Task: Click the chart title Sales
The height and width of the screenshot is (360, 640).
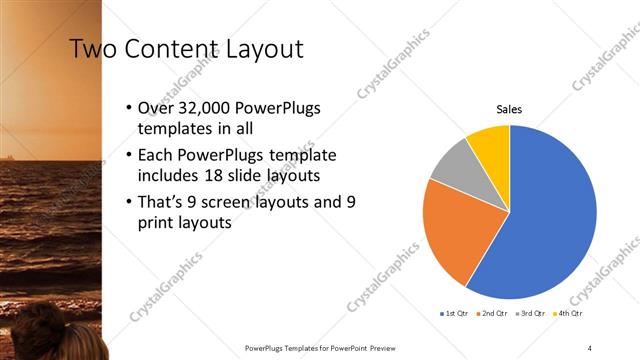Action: [x=509, y=109]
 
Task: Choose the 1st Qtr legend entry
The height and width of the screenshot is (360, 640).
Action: [x=455, y=313]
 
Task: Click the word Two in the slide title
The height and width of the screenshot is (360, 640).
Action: [x=93, y=49]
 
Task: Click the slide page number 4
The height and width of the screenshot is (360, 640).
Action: [x=590, y=348]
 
